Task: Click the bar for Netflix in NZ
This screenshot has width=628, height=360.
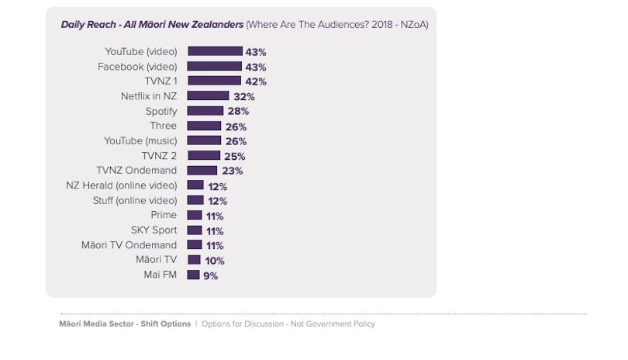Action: (208, 96)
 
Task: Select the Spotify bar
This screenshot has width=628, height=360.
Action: (205, 111)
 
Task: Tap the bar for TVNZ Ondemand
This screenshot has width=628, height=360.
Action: (202, 171)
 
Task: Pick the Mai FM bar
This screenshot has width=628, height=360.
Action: (193, 275)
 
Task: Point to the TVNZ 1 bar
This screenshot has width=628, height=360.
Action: (214, 81)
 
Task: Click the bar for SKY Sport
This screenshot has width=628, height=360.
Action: (195, 230)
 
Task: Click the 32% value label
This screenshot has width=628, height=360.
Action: (244, 97)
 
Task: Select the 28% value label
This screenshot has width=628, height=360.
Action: (237, 112)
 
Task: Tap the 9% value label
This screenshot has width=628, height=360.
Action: (210, 275)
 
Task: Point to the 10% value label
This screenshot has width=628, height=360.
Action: (215, 261)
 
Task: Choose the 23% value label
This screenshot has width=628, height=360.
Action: (233, 171)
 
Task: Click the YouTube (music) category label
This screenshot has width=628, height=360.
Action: (140, 140)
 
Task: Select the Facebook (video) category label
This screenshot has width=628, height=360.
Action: (137, 67)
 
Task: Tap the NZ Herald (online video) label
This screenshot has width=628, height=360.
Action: (122, 185)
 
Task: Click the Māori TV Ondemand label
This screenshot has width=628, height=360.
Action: (129, 245)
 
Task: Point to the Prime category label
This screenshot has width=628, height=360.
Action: (164, 215)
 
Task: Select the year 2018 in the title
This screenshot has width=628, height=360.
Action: (378, 25)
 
